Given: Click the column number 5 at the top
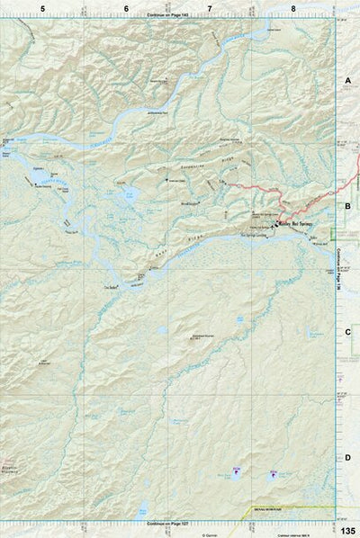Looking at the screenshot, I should pos(42,8).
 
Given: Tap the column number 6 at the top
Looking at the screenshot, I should pos(126,8).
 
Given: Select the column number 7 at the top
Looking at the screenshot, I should pos(210,8).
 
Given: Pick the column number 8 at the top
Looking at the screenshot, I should pos(292,8).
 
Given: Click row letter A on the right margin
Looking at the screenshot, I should pos(347,80).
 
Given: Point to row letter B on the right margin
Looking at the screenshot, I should pos(347,206).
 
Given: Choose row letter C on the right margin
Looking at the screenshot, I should pos(347,332).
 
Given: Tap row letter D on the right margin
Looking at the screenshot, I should pos(347,458).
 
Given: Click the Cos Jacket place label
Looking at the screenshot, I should pos(112,288).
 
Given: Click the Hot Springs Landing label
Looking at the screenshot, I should pos(255,237).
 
